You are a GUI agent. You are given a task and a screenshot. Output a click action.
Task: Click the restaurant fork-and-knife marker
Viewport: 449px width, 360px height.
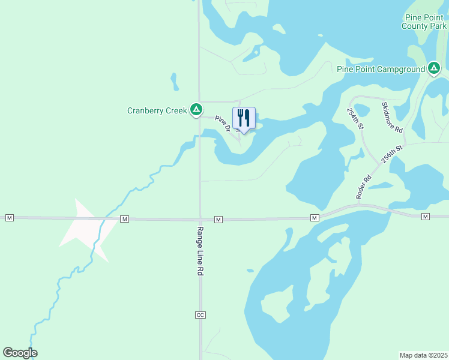click(x=244, y=118)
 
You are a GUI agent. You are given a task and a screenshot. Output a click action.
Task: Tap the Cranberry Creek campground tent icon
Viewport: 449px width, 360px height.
click(x=196, y=110)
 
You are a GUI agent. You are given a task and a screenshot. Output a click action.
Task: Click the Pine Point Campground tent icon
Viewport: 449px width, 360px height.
click(x=434, y=68)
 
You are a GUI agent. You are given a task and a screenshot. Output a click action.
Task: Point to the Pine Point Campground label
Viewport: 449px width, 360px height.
click(x=381, y=69)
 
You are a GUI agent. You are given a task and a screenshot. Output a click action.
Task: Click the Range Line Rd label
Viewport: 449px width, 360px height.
click(x=200, y=250)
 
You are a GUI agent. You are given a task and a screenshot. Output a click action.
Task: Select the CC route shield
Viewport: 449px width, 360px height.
click(x=200, y=315)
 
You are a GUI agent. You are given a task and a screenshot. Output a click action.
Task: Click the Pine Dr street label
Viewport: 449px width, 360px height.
click(x=223, y=124)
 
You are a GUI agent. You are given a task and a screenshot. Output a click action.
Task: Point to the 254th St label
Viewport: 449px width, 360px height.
click(x=356, y=119)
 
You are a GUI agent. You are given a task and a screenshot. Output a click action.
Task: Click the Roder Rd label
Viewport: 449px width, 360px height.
click(x=364, y=187)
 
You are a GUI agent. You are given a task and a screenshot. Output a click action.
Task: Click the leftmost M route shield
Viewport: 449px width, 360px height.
click(x=9, y=217)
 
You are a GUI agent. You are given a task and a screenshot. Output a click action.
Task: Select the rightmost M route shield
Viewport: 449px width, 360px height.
click(x=425, y=216)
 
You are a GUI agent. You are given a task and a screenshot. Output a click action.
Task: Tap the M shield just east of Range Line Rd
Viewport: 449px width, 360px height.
click(x=218, y=220)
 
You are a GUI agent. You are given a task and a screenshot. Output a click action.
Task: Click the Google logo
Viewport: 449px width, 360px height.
click(x=20, y=353)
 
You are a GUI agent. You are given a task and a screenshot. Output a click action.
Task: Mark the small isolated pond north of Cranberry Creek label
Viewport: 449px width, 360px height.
click(x=174, y=80)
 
